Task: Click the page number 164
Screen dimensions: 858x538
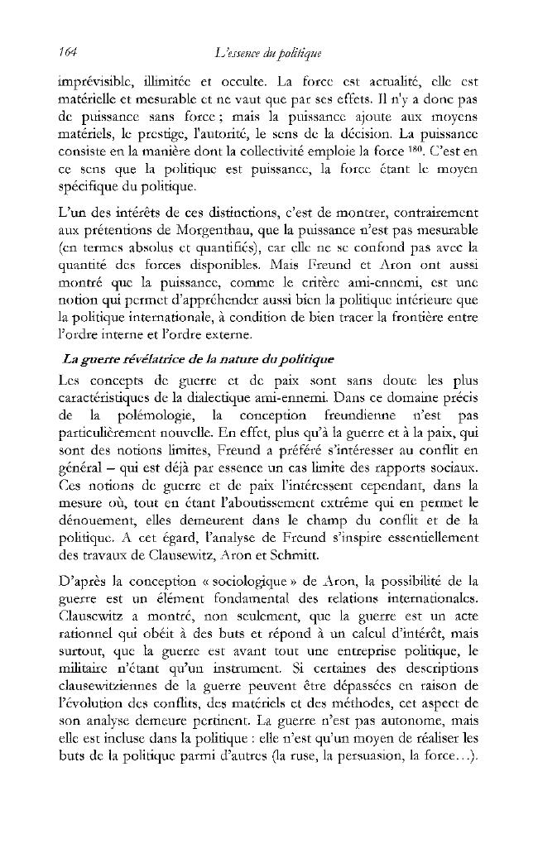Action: tap(68, 53)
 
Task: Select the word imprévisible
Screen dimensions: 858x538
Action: tap(95, 84)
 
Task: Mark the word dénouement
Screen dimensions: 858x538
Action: tap(93, 520)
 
